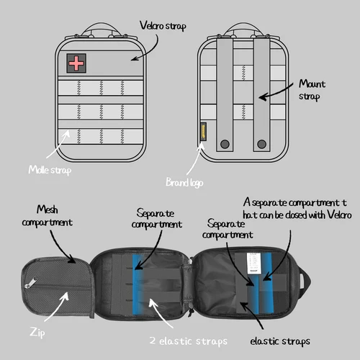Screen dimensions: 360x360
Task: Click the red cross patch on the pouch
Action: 75,63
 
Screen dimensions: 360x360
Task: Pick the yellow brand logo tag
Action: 203,133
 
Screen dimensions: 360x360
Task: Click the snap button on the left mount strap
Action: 223,141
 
